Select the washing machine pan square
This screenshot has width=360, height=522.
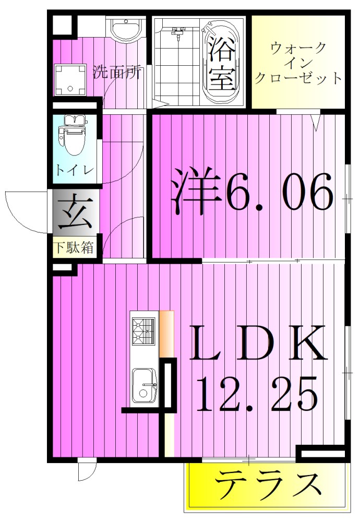pos(70,79)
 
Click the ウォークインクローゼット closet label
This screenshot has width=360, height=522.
pos(299,63)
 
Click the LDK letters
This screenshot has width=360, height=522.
pos(258,344)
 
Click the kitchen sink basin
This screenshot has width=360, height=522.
pos(143,385)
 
